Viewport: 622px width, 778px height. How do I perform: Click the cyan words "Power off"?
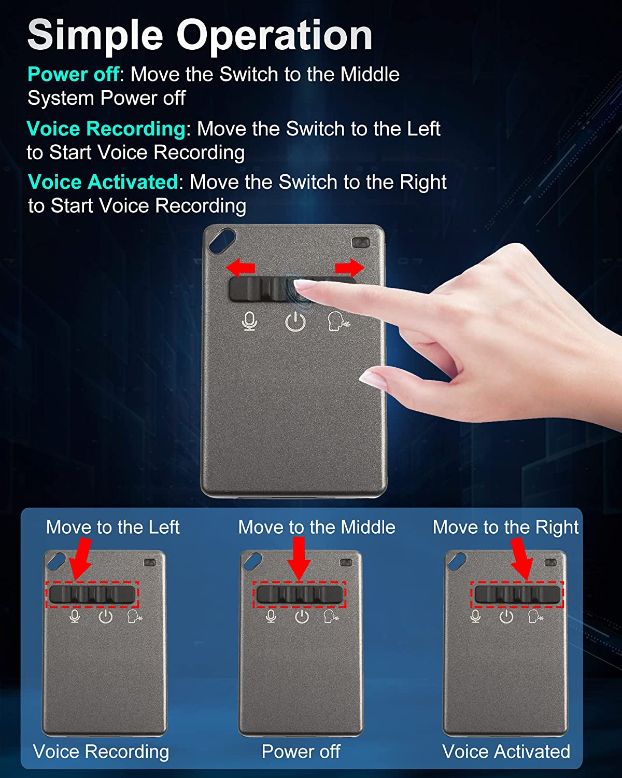[74, 74]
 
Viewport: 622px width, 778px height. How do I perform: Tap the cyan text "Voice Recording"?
[106, 129]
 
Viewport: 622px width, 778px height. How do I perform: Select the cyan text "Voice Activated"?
[103, 182]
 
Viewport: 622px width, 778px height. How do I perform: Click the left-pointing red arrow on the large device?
[241, 268]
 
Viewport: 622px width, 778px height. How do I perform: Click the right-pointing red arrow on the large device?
[349, 268]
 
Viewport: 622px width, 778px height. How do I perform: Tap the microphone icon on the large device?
[250, 321]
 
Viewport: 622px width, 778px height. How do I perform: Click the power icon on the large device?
[295, 322]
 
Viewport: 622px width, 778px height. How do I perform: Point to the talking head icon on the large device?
[338, 321]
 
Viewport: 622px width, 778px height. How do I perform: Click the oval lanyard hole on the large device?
[222, 241]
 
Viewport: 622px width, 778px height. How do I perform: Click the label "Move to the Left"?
[113, 527]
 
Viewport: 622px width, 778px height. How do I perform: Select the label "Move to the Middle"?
[317, 527]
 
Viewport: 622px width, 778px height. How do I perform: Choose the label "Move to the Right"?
[505, 527]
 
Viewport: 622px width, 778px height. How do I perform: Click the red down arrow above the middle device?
[299, 559]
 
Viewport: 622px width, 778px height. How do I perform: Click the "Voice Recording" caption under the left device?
[101, 752]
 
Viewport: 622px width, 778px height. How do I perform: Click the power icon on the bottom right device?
[506, 616]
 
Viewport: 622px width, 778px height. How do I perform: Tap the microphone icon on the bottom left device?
[75, 616]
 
